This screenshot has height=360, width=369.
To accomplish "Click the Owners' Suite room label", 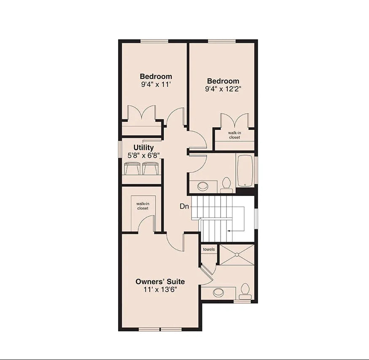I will pos(160,282).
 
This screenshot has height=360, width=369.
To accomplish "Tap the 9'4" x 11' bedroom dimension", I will pos(156,84).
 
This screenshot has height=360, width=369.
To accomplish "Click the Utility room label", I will pos(143,148).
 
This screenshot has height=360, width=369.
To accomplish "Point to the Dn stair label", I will pos(184,207).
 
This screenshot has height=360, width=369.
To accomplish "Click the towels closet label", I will pos(208,250).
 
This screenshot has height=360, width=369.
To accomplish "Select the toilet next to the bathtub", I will pos(226,184).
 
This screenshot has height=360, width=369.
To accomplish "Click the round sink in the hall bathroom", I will pos(203,186).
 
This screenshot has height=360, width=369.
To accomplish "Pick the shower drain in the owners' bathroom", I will pos(237,255).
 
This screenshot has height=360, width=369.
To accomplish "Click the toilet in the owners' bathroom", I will pos(244,291).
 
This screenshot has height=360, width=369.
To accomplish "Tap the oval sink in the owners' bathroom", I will pos(218,292).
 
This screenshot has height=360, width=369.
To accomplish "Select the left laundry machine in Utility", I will pos(132,169).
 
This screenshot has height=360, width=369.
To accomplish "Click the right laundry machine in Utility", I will pos(149,169).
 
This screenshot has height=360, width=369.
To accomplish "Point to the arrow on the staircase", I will pos(229,231).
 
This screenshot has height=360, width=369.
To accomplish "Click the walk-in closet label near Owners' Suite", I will pos(143,206).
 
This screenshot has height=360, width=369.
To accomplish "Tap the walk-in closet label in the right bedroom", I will pos(234,135).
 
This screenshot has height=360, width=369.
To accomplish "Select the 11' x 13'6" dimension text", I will pos(160,290).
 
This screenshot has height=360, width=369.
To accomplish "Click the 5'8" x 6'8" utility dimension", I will pos(143,155).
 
